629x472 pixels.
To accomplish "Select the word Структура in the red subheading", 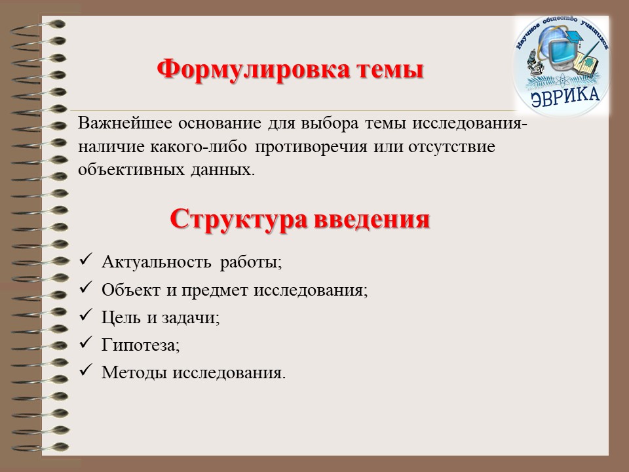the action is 238,219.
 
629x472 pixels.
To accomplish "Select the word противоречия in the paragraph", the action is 311,147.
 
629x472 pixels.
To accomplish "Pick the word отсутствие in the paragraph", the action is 451,147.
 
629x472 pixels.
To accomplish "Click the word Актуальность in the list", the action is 157,262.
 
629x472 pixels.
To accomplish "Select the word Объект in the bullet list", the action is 131,290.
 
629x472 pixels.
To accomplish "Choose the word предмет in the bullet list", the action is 214,290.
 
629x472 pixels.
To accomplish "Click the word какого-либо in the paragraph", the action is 199,147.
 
